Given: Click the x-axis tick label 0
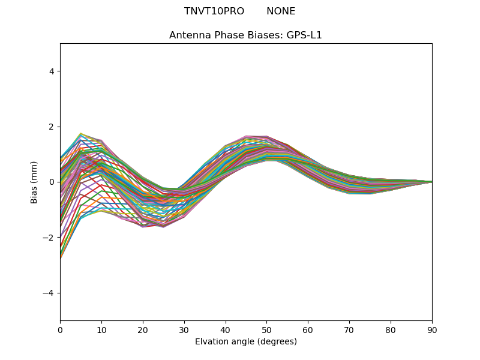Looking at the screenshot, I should [x=60, y=329].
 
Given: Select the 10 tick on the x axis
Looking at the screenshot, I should [x=101, y=329].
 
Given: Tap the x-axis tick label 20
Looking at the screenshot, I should [x=143, y=329].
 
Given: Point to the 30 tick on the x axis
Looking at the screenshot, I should [x=184, y=329].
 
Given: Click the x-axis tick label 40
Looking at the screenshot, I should [x=226, y=329].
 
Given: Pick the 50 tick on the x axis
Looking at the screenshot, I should [x=266, y=329].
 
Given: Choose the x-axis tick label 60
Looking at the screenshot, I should [x=308, y=329].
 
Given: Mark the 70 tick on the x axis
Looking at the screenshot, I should [x=349, y=329].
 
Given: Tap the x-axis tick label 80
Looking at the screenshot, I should [x=391, y=329].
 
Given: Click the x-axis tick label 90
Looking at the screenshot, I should [x=432, y=329].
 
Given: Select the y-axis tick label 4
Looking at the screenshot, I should [x=52, y=71].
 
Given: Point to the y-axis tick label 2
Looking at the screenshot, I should [x=52, y=127].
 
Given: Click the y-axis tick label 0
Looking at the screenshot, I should [x=52, y=182].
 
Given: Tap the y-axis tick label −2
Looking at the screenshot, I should [x=50, y=238].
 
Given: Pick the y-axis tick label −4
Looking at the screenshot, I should [x=50, y=293].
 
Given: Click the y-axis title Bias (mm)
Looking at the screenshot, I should [x=34, y=182].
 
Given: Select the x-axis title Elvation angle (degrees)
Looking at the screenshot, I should [x=246, y=341].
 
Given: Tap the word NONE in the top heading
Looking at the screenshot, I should [x=281, y=11].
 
